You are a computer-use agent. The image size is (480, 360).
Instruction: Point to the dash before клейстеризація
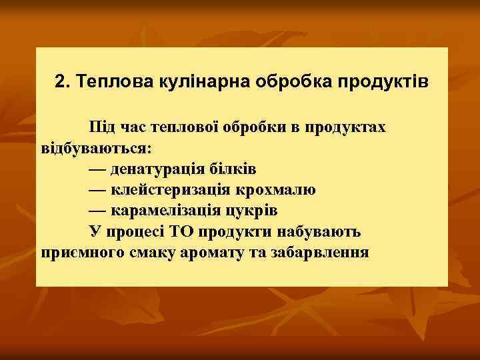tap(97, 189)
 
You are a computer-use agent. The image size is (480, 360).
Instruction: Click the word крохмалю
tap(279, 189)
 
